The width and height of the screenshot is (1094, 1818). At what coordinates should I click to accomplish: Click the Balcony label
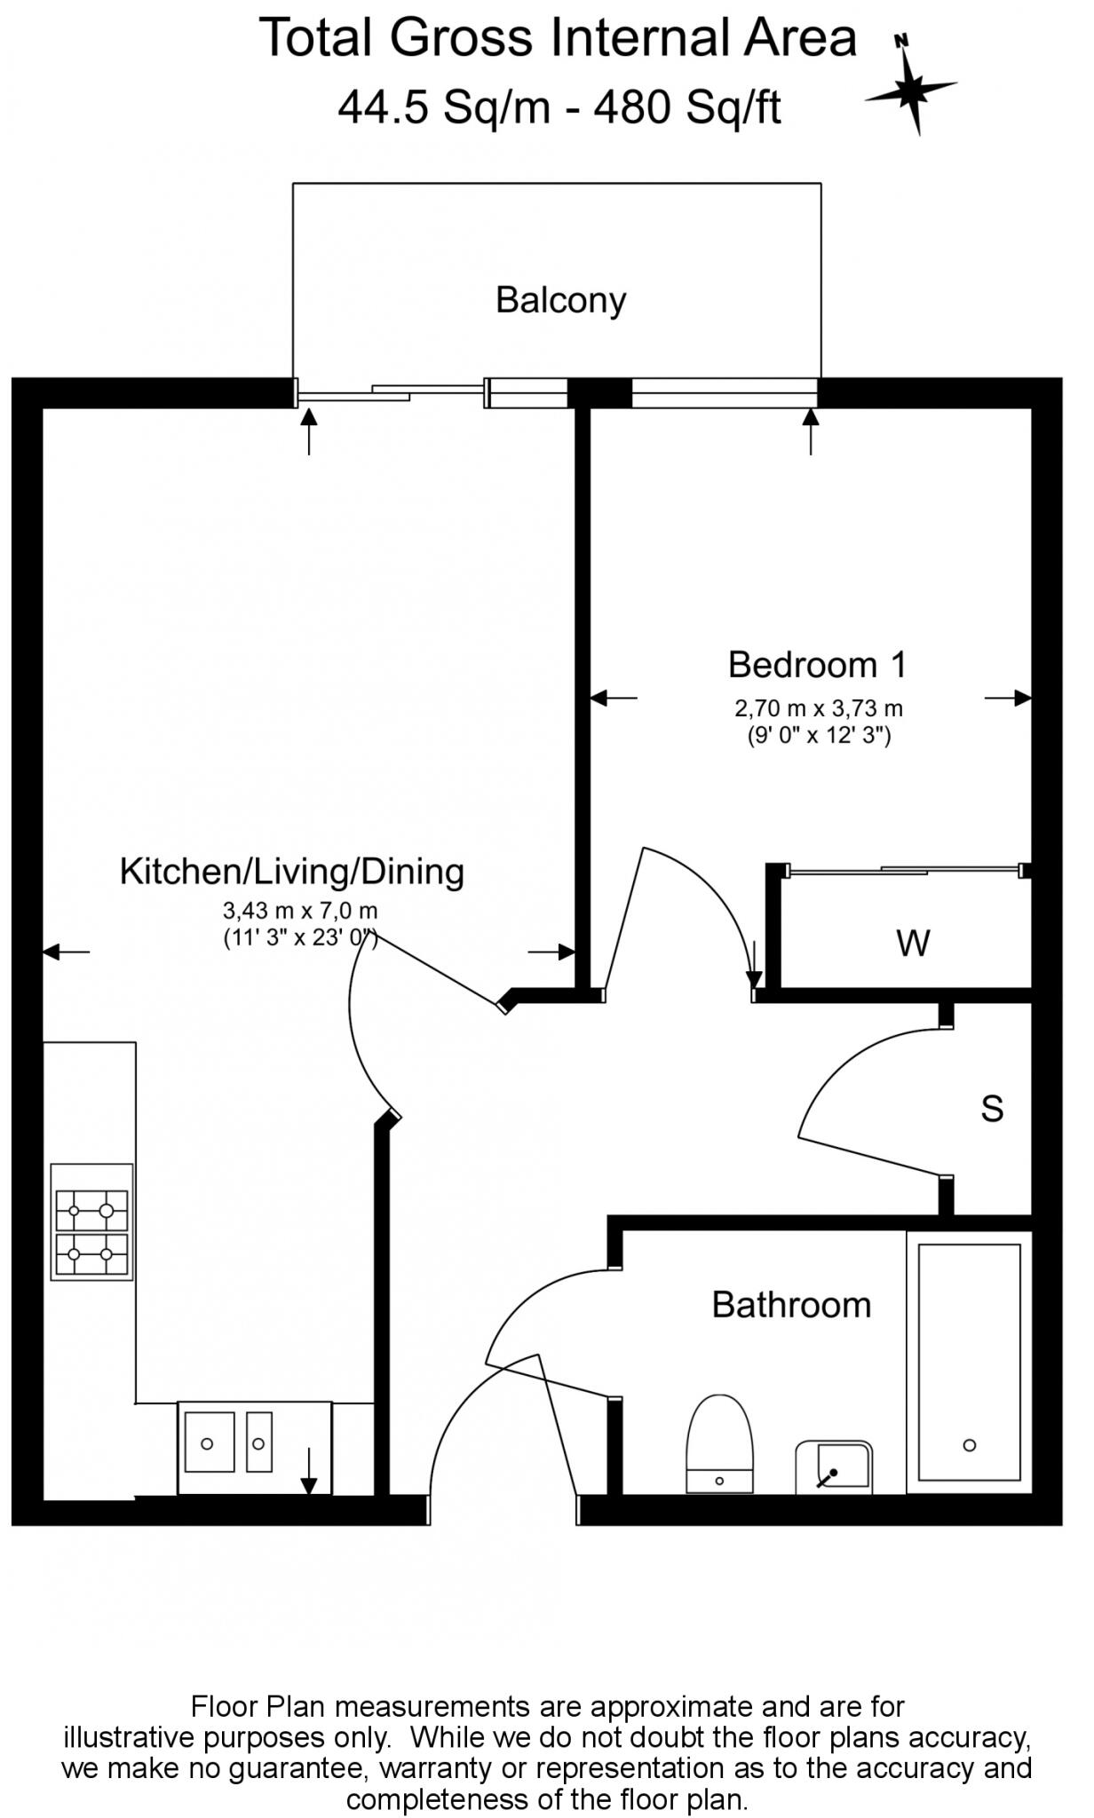tap(560, 300)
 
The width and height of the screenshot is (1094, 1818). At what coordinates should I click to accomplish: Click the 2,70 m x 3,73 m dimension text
tap(818, 708)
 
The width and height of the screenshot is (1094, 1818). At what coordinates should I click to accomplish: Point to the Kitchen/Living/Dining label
tap(292, 872)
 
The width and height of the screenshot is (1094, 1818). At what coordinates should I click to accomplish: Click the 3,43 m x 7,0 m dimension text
tap(300, 911)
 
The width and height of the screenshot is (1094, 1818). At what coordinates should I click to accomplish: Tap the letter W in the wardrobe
tap(913, 943)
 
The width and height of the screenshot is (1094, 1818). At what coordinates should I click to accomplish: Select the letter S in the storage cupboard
tap(992, 1108)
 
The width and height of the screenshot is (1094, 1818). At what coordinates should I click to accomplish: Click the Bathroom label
tap(791, 1305)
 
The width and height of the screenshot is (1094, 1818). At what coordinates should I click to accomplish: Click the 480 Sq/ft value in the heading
tap(688, 109)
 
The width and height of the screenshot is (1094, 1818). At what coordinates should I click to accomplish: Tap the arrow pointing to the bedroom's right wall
tap(1008, 699)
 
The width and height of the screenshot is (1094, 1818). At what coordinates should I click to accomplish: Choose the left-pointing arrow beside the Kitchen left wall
tap(66, 952)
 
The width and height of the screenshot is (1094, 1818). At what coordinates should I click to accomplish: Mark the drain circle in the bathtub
tap(970, 1445)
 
